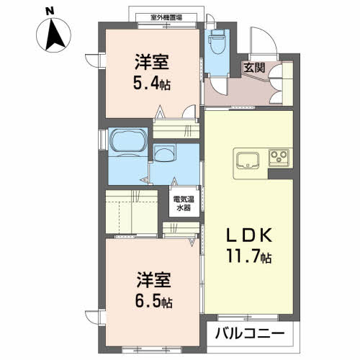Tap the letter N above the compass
click(x=50, y=9)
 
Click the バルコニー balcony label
click(x=255, y=334)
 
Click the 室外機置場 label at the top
click(x=166, y=16)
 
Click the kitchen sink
click(x=248, y=161)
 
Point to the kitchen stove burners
click(x=279, y=157)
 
